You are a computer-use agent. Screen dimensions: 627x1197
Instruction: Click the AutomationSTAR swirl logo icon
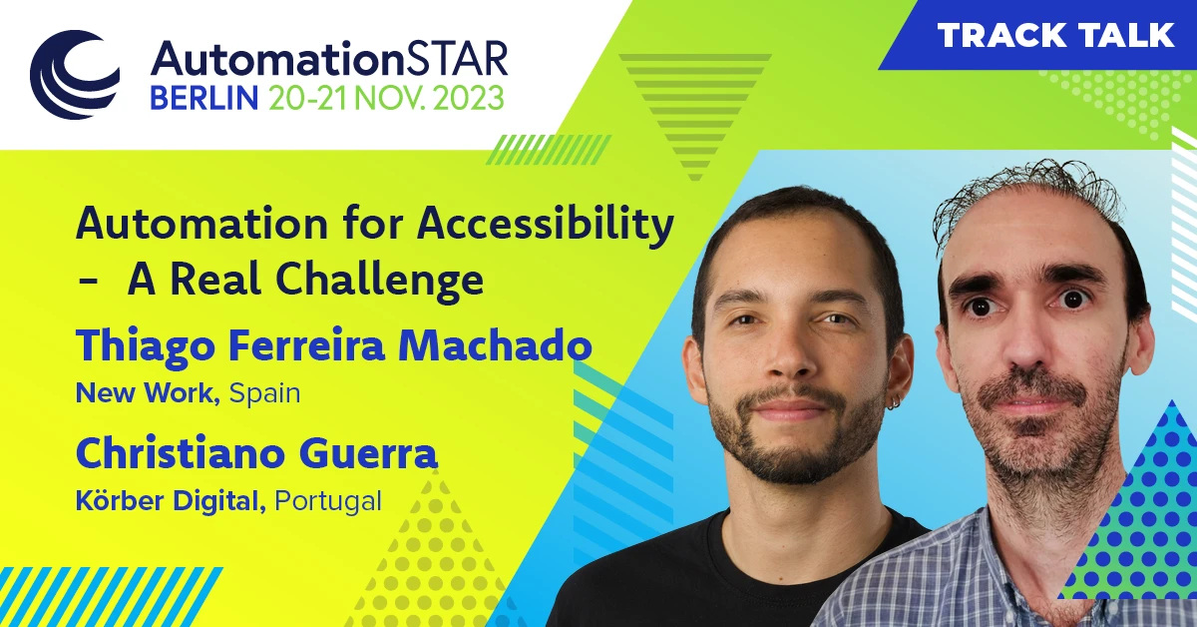point(75,75)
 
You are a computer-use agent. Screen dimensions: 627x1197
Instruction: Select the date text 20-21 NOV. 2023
point(385,97)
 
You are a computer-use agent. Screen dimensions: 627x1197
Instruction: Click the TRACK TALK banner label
point(1056,36)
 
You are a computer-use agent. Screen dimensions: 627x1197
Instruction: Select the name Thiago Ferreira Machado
point(334,346)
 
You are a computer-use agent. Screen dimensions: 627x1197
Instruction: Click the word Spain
point(264,393)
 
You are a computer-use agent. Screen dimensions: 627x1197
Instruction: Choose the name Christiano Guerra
point(256,454)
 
